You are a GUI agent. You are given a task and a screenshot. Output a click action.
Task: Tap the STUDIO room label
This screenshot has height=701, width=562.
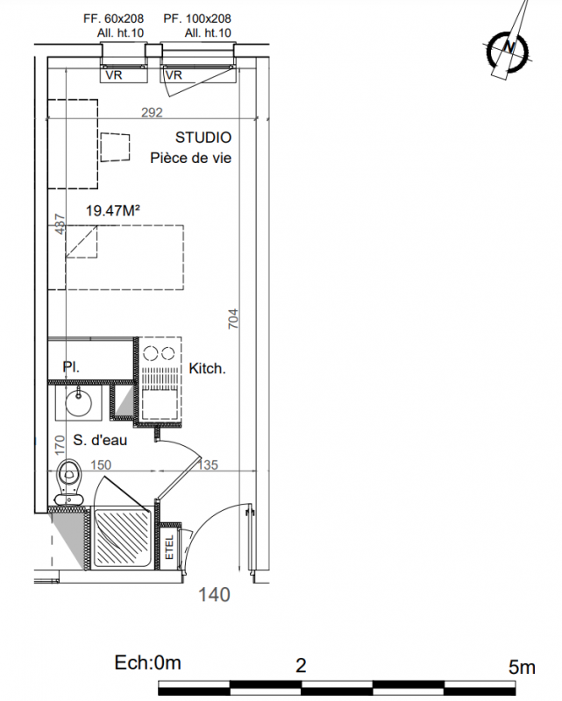tap(203, 138)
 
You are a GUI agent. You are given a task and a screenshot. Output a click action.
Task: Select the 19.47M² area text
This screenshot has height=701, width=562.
tap(113, 210)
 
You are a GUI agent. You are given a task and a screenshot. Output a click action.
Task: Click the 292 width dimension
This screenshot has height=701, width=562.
tap(153, 112)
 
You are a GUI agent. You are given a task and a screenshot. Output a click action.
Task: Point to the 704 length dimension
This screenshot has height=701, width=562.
tap(233, 319)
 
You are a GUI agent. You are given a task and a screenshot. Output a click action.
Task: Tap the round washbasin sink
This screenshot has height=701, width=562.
tap(79, 402)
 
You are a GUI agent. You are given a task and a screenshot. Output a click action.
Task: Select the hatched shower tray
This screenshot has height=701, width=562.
tap(122, 537)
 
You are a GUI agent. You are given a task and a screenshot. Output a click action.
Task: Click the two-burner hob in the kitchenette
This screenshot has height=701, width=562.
tap(159, 353)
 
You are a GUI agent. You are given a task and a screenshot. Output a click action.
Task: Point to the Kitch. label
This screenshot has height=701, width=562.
tap(207, 369)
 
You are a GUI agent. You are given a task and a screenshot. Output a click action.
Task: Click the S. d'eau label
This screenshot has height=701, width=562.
tap(100, 441)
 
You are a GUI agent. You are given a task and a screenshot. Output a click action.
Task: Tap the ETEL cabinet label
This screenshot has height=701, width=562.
tap(169, 547)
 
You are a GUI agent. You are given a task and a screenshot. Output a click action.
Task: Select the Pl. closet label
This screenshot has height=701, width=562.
tap(71, 367)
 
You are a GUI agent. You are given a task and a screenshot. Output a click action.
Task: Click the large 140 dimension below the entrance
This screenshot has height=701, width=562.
tap(214, 595)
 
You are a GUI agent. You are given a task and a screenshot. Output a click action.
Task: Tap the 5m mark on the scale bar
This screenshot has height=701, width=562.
tap(522, 667)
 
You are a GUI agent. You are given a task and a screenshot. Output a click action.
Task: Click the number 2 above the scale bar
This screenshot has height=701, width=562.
tap(301, 666)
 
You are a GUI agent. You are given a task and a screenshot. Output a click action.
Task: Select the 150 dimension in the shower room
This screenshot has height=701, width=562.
tap(101, 465)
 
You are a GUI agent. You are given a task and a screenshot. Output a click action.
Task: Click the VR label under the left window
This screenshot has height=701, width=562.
tap(114, 75)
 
